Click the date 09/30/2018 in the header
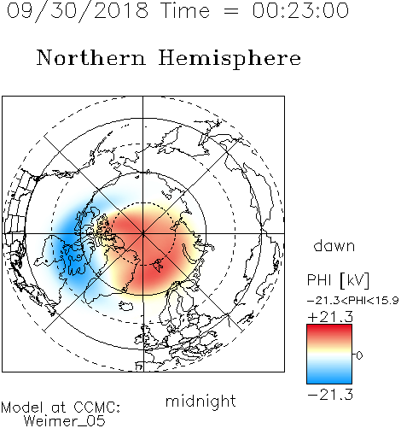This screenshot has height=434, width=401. click(x=78, y=10)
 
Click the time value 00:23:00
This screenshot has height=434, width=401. click(x=300, y=10)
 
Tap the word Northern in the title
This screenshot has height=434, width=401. click(x=91, y=57)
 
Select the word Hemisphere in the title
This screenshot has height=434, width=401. click(x=230, y=58)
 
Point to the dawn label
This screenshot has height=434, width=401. click(x=334, y=245)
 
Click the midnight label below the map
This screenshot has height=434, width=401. click(x=200, y=402)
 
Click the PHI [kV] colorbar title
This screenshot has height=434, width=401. click(x=338, y=280)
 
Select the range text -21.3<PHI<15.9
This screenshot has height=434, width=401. click(x=352, y=301)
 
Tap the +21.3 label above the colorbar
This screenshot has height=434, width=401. click(x=330, y=317)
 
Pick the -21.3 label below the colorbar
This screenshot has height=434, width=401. click(x=330, y=395)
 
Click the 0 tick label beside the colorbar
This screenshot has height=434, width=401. click(x=359, y=355)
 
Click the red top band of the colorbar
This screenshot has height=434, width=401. click(x=329, y=331)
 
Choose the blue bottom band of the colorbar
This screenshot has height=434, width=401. click(x=329, y=378)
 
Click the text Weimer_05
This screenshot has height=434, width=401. click(x=65, y=421)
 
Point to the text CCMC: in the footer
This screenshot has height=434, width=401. click(x=96, y=408)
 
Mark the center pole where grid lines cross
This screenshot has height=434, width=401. click(x=143, y=233)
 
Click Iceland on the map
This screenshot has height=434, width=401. click(x=126, y=306)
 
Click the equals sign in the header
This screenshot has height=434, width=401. click(x=230, y=11)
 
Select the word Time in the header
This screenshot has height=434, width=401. click(x=185, y=10)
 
